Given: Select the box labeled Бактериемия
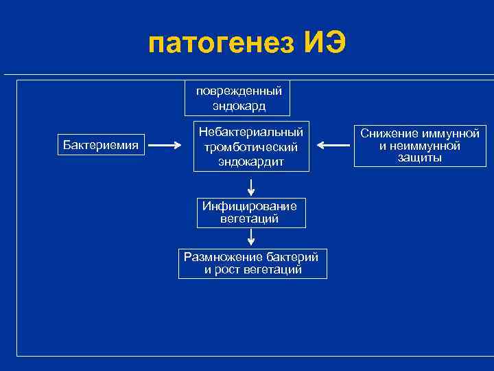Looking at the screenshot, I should [x=101, y=145].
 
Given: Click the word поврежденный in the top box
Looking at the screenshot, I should [x=238, y=91].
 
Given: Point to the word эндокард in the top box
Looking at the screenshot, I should [x=238, y=106].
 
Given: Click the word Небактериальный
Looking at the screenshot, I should [x=250, y=131].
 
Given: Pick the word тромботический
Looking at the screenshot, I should [x=250, y=146].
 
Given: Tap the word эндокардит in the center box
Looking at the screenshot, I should [x=250, y=162].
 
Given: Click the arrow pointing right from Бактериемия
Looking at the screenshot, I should [x=164, y=146].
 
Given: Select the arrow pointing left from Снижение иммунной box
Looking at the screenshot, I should [x=334, y=146].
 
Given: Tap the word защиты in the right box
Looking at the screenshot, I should [x=419, y=157].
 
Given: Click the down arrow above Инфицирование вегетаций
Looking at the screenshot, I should [x=251, y=186].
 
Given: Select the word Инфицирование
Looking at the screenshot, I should [x=250, y=207].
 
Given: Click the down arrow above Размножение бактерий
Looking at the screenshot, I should [x=251, y=237].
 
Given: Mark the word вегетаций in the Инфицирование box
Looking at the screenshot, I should [x=250, y=219].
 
